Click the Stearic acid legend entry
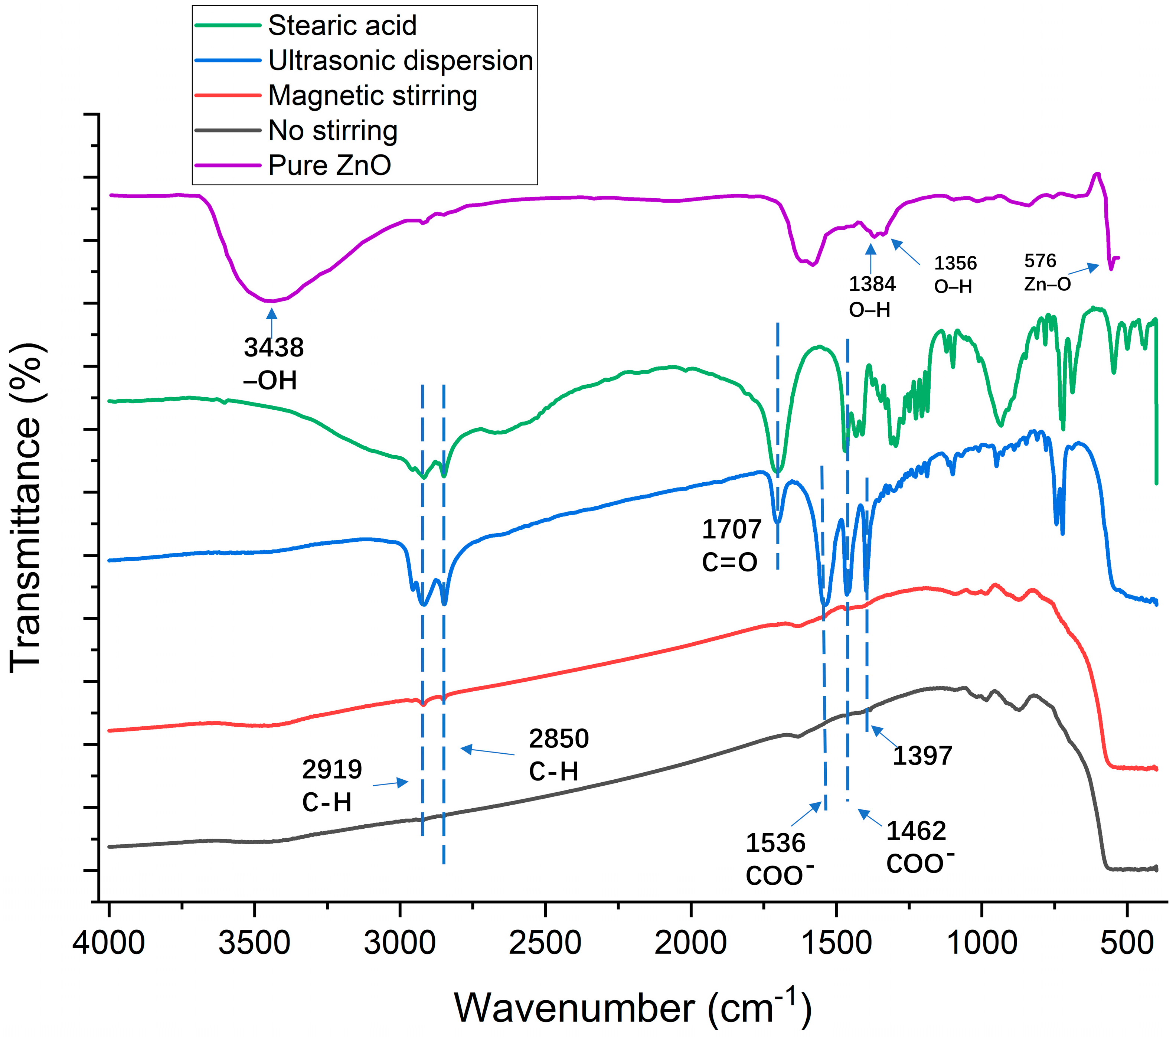pos(342,25)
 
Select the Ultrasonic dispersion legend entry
pos(401,61)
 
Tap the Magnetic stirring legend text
pos(372,95)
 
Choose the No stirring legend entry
pos(333,131)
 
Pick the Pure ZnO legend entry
pos(329,166)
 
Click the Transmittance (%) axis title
pos(26,506)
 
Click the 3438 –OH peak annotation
pos(273,364)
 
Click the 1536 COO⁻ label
pos(778,859)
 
